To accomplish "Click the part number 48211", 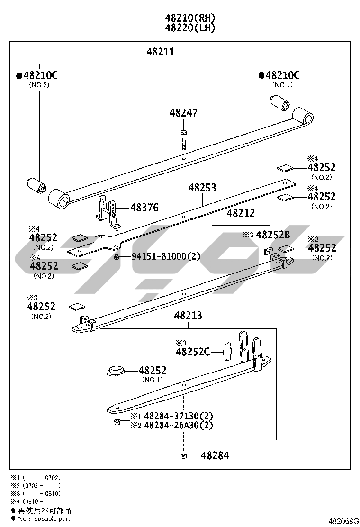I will (x=160, y=52).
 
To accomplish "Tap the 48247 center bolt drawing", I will (x=183, y=138).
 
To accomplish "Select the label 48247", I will (x=183, y=113).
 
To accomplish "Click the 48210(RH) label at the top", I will (x=190, y=18).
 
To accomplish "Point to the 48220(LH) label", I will (x=190, y=28).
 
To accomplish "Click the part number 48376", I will (x=144, y=208).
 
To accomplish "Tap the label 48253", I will (x=202, y=188).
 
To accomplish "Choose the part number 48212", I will (x=241, y=213).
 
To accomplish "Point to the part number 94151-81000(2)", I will (x=166, y=256).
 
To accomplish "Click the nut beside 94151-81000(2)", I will (x=116, y=257).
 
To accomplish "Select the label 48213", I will (x=188, y=316).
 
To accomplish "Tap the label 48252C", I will (x=193, y=352).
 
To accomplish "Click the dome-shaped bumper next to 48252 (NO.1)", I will (x=116, y=370).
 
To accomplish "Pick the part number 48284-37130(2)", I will (x=178, y=416).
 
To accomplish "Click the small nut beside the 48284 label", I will (x=183, y=456).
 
